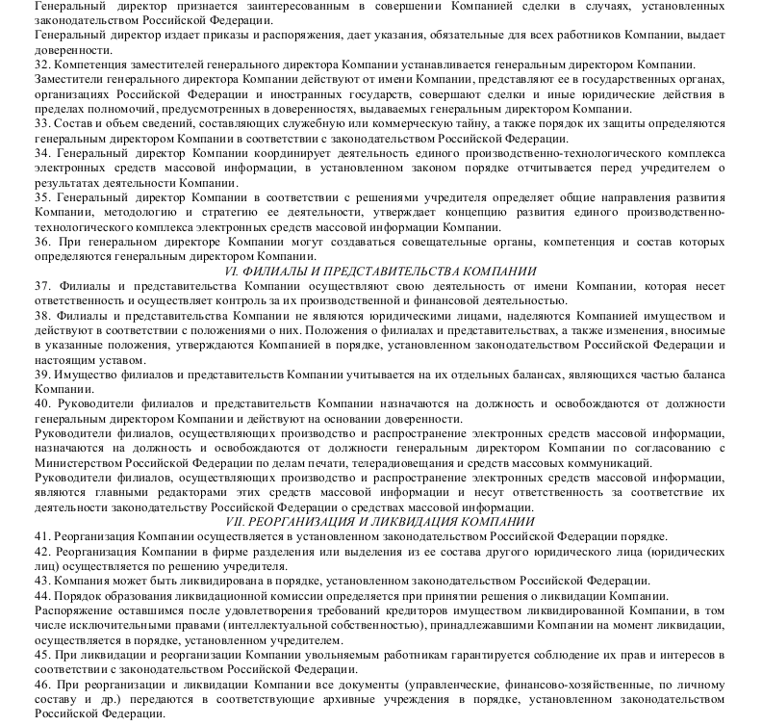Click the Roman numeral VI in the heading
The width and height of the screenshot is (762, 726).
pyautogui.click(x=231, y=272)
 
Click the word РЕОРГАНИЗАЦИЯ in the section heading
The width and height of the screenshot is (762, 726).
pyautogui.click(x=315, y=522)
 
